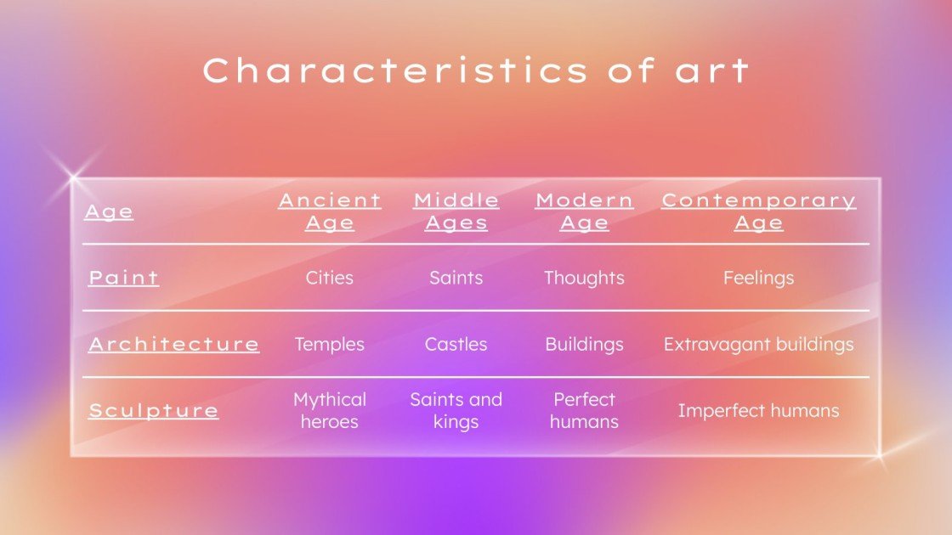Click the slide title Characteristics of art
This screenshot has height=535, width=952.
click(476, 70)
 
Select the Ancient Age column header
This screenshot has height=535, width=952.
click(330, 211)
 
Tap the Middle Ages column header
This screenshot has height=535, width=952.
click(456, 211)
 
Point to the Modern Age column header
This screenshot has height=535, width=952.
click(584, 211)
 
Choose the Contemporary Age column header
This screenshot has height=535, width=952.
click(758, 211)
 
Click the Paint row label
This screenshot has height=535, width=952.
click(124, 278)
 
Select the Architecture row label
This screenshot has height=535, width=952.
click(174, 344)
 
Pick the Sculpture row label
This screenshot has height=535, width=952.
click(154, 410)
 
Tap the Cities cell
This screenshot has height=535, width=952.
click(330, 278)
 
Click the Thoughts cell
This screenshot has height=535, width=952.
click(584, 278)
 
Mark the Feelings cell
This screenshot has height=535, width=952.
click(758, 278)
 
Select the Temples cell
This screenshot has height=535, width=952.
click(330, 344)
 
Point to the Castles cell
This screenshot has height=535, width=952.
click(456, 344)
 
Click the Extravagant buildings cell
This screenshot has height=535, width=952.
click(758, 344)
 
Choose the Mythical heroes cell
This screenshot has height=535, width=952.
click(330, 410)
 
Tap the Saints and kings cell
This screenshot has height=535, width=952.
click(456, 410)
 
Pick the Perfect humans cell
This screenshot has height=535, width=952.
click(584, 410)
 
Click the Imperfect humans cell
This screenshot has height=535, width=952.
click(758, 410)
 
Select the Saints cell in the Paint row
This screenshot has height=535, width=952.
click(456, 278)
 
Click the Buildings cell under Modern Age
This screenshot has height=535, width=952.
click(584, 344)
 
